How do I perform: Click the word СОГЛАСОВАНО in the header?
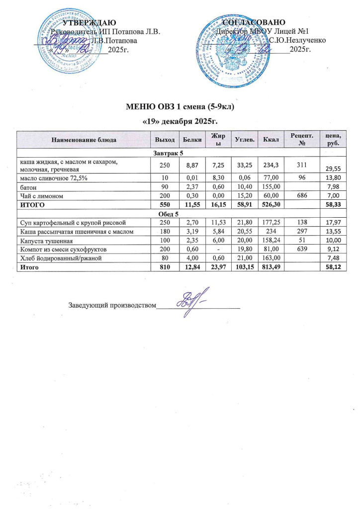[x=254, y=23]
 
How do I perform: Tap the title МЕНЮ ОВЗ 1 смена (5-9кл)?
[x=180, y=107]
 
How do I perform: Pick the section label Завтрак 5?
[x=180, y=152]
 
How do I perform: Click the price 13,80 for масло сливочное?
[x=331, y=178]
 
